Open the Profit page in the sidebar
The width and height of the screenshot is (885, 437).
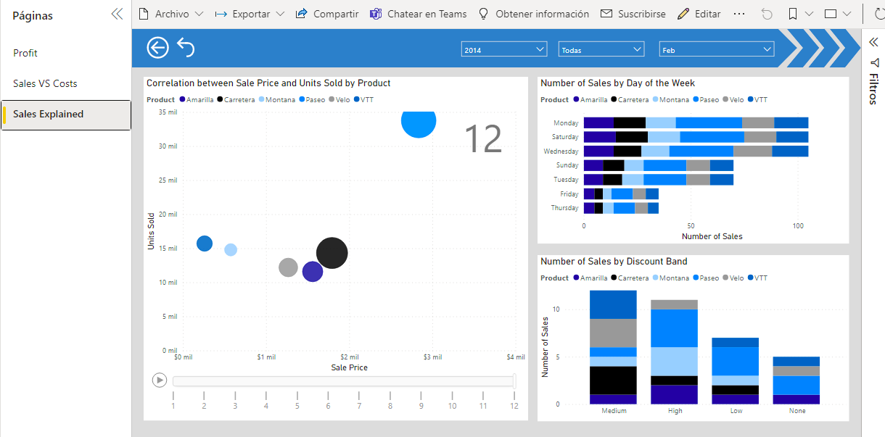(25, 53)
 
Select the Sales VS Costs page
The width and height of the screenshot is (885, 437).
(45, 83)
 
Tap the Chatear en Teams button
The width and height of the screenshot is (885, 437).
(418, 14)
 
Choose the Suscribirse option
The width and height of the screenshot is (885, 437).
(633, 14)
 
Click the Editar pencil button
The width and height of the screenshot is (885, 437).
(699, 14)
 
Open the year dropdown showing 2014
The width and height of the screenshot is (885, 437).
(504, 49)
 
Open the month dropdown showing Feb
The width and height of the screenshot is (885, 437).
(716, 49)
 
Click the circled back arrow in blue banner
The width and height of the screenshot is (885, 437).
(157, 48)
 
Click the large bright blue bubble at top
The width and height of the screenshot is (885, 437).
(419, 122)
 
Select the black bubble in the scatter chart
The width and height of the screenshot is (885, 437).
(332, 253)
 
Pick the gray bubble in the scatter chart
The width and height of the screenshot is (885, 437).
(288, 267)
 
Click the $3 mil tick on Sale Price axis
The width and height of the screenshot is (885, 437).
(432, 357)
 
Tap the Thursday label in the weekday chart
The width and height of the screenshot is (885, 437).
(565, 208)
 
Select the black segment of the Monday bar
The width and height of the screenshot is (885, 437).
(629, 123)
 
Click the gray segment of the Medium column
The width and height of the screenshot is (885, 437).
(613, 333)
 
